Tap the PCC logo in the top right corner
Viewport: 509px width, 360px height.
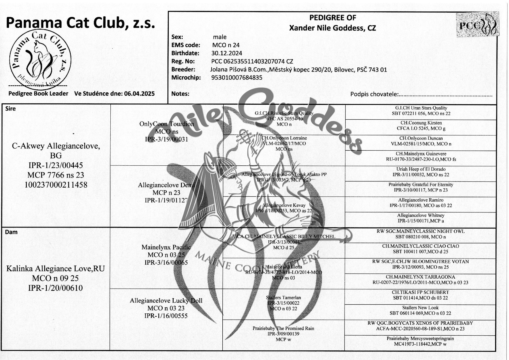click(478, 25)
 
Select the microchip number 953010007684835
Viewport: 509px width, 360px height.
click(237, 78)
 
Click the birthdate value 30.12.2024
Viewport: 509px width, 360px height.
click(227, 53)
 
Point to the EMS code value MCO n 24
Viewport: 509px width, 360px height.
click(226, 45)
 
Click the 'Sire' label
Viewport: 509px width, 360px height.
click(10, 109)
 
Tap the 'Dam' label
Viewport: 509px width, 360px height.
click(11, 232)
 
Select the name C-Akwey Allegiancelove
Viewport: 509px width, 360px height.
click(56, 146)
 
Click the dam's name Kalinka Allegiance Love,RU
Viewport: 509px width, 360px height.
click(55, 268)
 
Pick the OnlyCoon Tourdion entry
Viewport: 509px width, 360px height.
click(167, 124)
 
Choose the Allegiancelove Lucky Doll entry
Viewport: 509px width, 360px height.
click(166, 301)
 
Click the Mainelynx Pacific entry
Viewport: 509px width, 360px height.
click(166, 247)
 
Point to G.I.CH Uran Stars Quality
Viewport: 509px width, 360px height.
click(421, 108)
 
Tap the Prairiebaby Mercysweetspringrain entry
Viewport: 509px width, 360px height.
click(420, 339)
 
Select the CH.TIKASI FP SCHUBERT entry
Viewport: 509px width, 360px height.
click(420, 292)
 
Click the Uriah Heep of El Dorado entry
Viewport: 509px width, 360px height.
click(421, 169)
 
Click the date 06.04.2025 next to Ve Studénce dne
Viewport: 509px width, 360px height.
click(139, 94)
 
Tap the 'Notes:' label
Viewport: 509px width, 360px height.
click(180, 94)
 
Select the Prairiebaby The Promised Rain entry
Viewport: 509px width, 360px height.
click(283, 328)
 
